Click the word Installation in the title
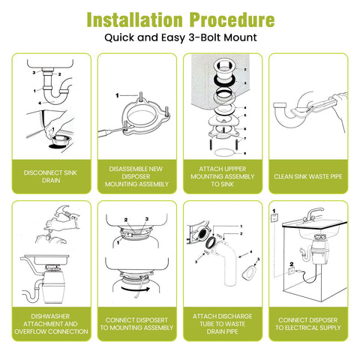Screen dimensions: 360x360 tap(135, 19)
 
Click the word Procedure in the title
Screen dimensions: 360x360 tap(232, 19)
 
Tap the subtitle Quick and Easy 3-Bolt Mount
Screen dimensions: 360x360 tap(181, 37)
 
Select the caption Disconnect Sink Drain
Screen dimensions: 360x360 tap(50, 176)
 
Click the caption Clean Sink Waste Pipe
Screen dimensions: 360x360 tap(308, 176)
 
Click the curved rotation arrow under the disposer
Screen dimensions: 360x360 tap(136, 289)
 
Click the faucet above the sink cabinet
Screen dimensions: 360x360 tap(313, 214)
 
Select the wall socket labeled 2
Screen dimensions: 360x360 tap(291, 271)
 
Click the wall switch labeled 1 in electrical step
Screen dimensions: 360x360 tap(274, 217)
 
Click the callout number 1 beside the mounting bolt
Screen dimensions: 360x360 tap(117, 95)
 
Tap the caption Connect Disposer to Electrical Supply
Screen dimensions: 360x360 tap(308, 324)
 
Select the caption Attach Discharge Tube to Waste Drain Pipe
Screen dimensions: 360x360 tap(222, 324)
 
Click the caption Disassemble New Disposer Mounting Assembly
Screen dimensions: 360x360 tap(136, 176)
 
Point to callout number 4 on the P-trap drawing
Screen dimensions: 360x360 tap(40, 103)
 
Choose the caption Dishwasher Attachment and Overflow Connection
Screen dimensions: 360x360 tap(51, 324)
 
